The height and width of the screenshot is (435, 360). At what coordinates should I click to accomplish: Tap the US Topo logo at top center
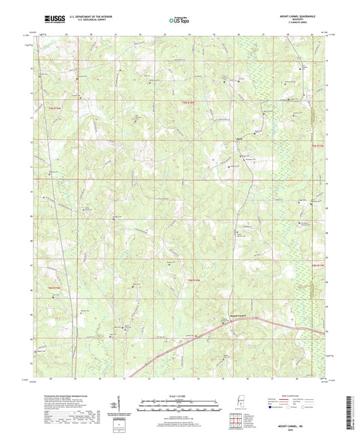point(178,22)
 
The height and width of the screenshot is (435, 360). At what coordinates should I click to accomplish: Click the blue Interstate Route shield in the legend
point(272,407)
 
